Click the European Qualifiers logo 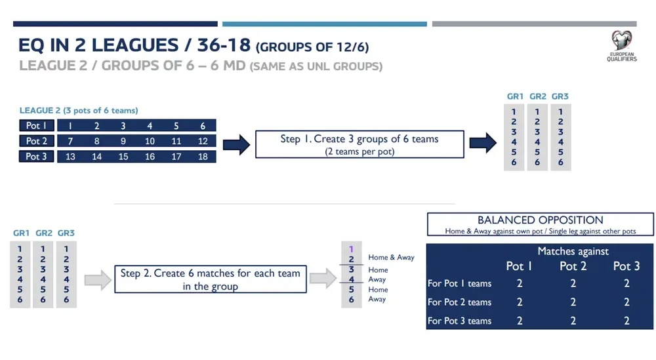pyautogui.click(x=622, y=46)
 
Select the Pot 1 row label pyautogui.click(x=36, y=125)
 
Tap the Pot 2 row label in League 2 pyautogui.click(x=36, y=141)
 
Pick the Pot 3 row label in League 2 pyautogui.click(x=36, y=156)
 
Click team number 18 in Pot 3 pyautogui.click(x=203, y=157)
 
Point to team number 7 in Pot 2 pyautogui.click(x=70, y=142)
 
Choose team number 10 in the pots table pyautogui.click(x=150, y=142)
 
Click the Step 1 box pyautogui.click(x=359, y=144)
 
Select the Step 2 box pyautogui.click(x=211, y=279)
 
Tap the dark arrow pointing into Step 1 pyautogui.click(x=236, y=145)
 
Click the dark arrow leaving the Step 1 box pyautogui.click(x=483, y=143)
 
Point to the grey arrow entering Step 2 pyautogui.click(x=98, y=280)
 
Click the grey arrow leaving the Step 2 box pyautogui.click(x=323, y=278)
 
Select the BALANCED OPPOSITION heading pyautogui.click(x=541, y=220)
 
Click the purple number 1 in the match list pyautogui.click(x=351, y=249)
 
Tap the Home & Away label pyautogui.click(x=391, y=258)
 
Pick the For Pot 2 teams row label pyautogui.click(x=459, y=302)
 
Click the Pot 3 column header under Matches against pyautogui.click(x=626, y=266)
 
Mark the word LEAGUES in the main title pyautogui.click(x=135, y=45)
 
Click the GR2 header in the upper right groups pyautogui.click(x=538, y=96)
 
